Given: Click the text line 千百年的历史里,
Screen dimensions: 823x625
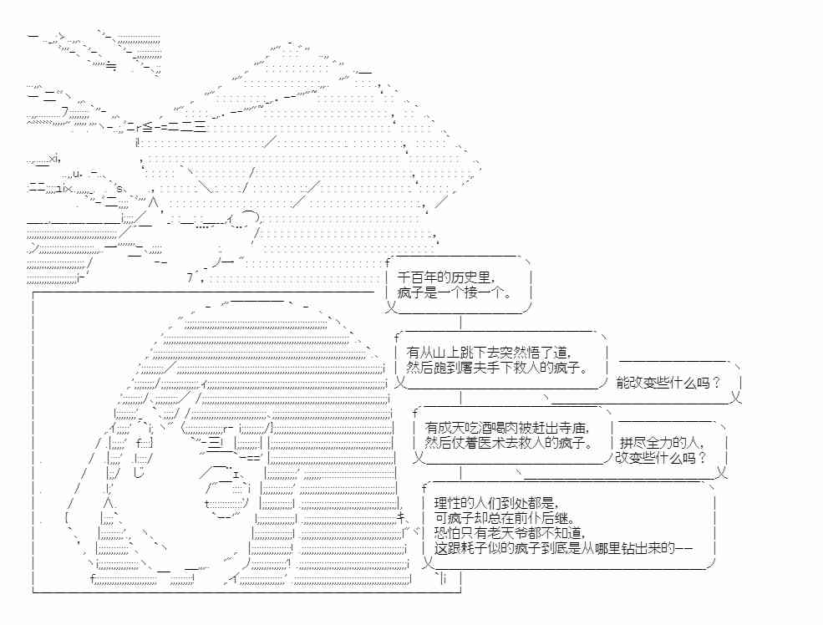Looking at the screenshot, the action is pyautogui.click(x=445, y=277).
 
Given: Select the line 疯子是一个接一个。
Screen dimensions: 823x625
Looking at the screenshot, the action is pyautogui.click(x=455, y=292).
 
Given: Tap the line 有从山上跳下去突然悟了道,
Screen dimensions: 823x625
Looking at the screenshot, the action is pyautogui.click(x=488, y=353).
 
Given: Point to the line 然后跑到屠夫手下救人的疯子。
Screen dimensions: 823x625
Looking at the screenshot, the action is pyautogui.click(x=496, y=368).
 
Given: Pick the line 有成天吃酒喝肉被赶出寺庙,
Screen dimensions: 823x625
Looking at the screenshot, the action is pyautogui.click(x=507, y=428).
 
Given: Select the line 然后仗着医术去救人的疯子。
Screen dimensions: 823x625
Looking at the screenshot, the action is pyautogui.click(x=509, y=443).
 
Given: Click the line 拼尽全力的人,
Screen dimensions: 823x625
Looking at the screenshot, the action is pyautogui.click(x=663, y=443).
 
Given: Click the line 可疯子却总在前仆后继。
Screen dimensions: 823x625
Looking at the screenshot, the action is pyautogui.click(x=505, y=519).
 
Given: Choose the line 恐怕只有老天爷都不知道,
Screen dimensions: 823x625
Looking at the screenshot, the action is pyautogui.click(x=509, y=533).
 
